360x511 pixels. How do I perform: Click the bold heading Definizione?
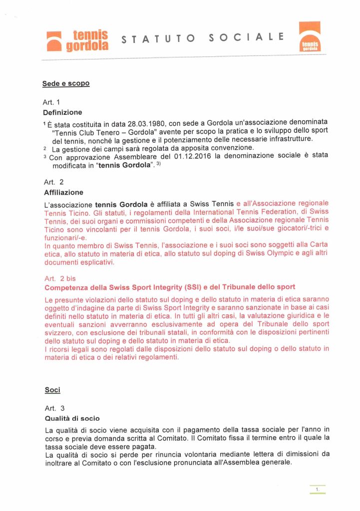coord(63,112)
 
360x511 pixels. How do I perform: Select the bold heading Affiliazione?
coord(64,192)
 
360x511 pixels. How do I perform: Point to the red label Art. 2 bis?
coord(60,278)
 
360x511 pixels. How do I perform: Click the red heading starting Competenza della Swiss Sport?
coord(170,287)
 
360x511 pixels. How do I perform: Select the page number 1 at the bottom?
coord(318,490)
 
